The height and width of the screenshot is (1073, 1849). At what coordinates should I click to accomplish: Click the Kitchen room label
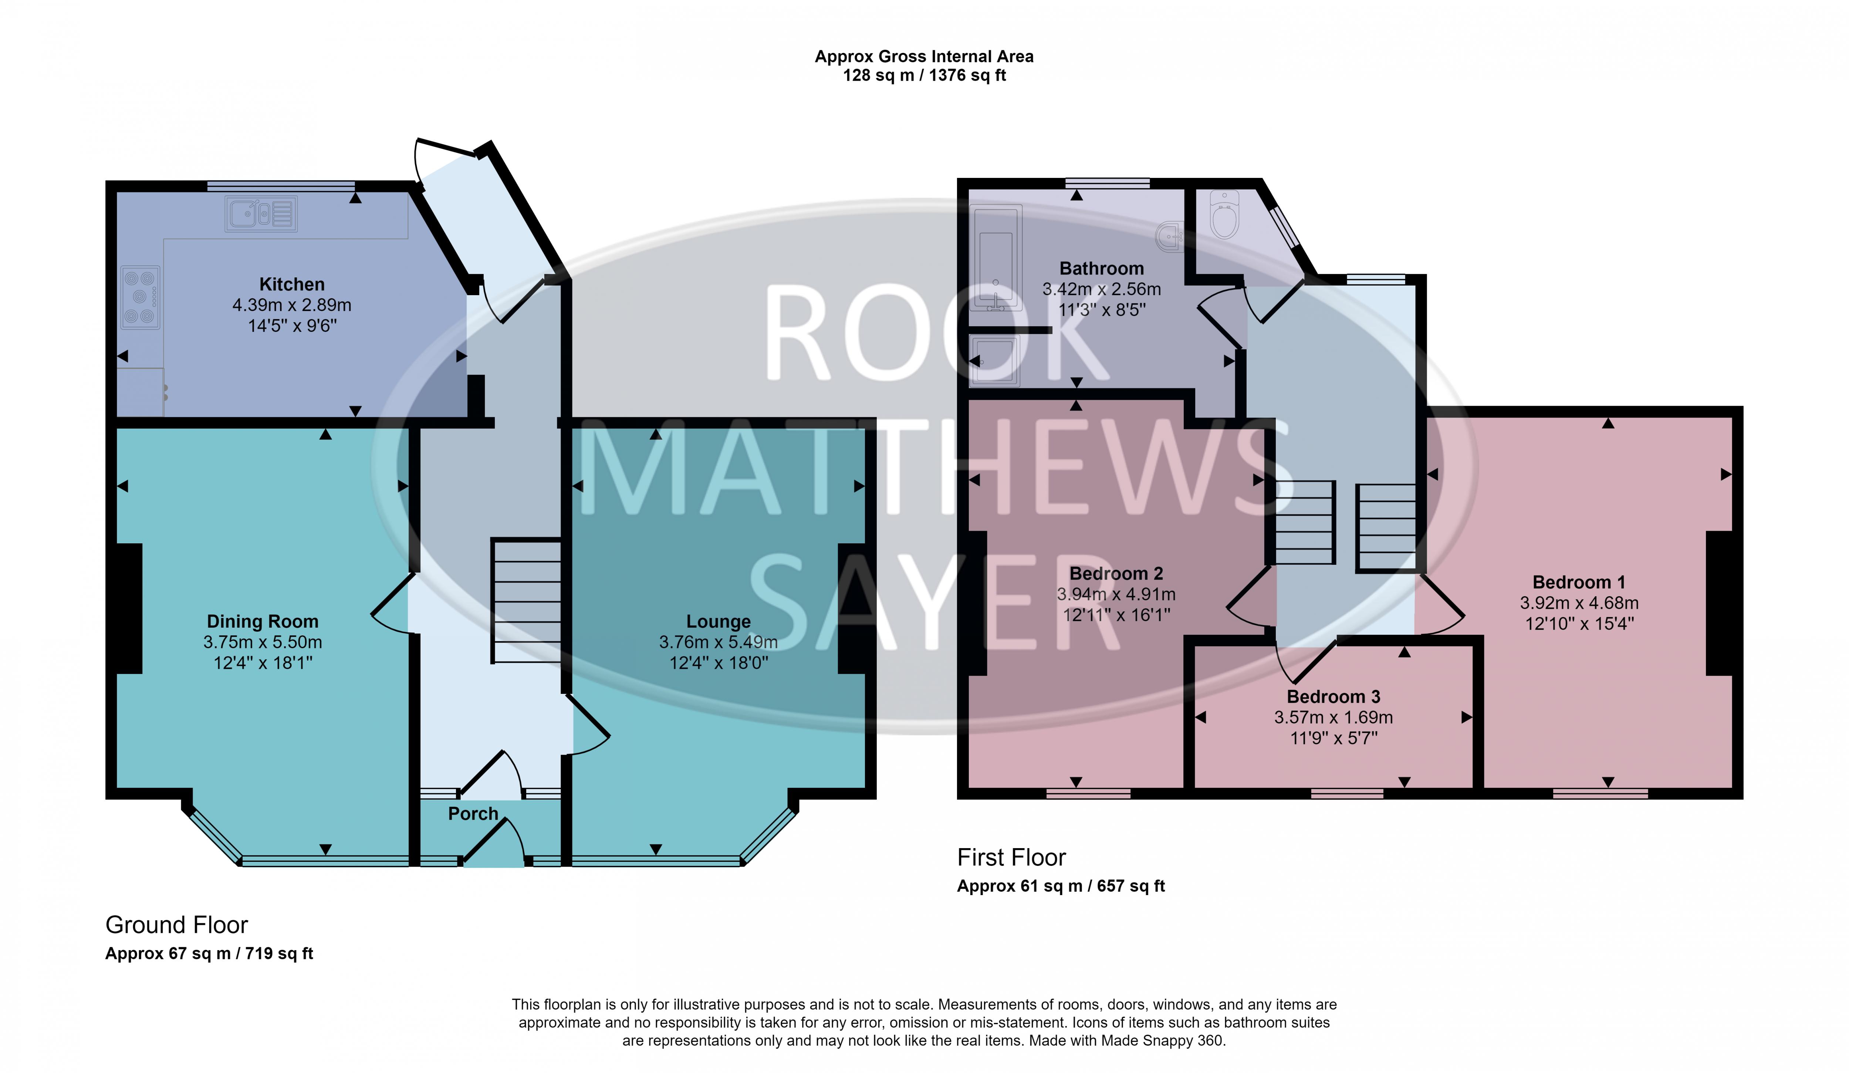pyautogui.click(x=292, y=284)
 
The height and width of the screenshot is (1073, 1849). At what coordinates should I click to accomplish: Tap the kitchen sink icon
pyautogui.click(x=261, y=213)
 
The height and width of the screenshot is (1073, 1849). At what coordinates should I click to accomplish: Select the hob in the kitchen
pyautogui.click(x=140, y=297)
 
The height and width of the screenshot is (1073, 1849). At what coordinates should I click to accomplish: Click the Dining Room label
pyautogui.click(x=263, y=622)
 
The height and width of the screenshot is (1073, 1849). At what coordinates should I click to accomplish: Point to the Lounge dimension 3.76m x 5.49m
pyautogui.click(x=718, y=642)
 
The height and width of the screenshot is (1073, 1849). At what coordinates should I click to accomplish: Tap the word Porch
pyautogui.click(x=473, y=814)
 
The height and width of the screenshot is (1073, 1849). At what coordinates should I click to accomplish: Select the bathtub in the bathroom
pyautogui.click(x=996, y=257)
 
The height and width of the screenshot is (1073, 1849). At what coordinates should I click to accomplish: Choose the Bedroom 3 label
pyautogui.click(x=1333, y=696)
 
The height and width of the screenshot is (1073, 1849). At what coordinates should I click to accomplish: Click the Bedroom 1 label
pyautogui.click(x=1579, y=582)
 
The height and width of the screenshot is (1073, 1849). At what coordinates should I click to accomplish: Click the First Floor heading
pyautogui.click(x=1011, y=857)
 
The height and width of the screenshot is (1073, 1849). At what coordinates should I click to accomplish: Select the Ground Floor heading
pyautogui.click(x=177, y=925)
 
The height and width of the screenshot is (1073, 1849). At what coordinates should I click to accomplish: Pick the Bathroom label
pyautogui.click(x=1101, y=269)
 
